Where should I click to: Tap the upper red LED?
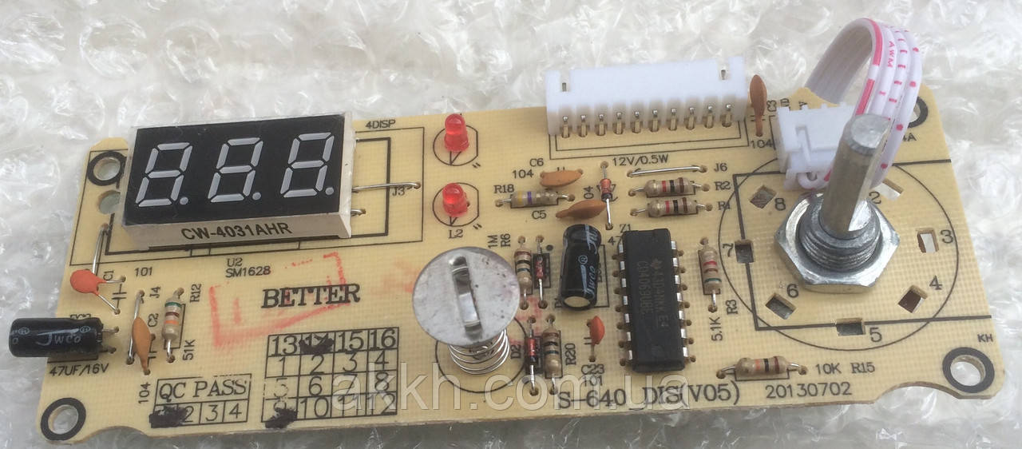coord(456,133)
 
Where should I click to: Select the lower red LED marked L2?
coord(453,197)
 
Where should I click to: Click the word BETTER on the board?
coord(311,296)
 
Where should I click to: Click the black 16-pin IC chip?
coord(648,300)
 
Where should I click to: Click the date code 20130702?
coord(808,391)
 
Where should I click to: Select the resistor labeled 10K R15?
coord(760,368)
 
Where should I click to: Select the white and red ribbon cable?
coord(870,80)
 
